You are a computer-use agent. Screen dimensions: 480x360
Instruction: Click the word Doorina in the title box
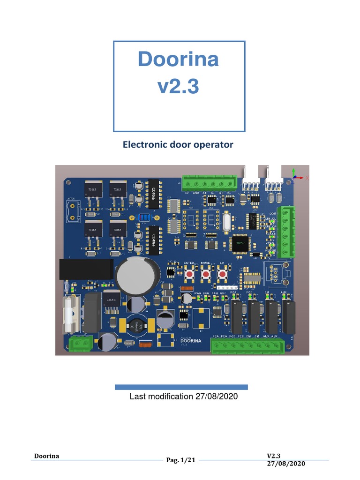point(179,60)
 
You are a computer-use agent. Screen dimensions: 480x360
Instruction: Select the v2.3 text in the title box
point(179,86)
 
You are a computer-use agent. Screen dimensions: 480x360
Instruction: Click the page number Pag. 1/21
point(180,460)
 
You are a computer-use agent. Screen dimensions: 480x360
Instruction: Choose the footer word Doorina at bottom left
point(47,457)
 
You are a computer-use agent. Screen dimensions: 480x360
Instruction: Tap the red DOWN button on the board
point(205,274)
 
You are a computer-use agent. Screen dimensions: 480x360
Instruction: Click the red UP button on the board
point(222,274)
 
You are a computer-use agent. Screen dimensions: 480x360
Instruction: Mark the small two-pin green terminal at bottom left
point(80,344)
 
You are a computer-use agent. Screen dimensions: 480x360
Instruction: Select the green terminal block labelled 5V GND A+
point(210,183)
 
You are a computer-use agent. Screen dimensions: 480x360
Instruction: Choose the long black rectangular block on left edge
point(86,270)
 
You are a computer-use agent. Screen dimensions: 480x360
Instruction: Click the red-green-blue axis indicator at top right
point(295,176)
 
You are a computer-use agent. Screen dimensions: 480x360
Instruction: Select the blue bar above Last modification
point(181,387)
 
